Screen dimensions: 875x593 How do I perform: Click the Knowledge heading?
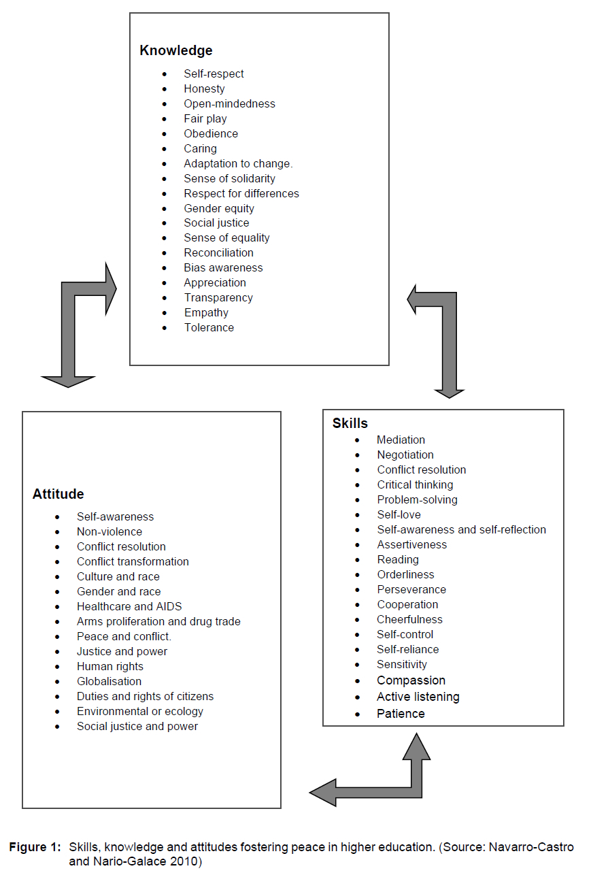pos(176,50)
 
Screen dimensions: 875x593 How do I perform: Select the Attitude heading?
pos(58,494)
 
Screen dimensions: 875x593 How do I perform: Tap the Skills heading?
pos(350,423)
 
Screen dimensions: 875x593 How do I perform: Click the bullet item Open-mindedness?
pos(229,103)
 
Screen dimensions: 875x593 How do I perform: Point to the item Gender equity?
pos(219,208)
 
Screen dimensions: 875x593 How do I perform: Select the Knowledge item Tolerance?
pos(209,327)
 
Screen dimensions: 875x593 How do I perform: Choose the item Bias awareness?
pos(223,267)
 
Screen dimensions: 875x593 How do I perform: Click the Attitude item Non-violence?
pos(109,531)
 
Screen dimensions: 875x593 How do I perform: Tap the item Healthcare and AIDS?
pos(129,606)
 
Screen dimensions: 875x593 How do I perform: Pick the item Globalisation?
pos(109,681)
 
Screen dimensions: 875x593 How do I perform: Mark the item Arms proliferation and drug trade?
pos(158,621)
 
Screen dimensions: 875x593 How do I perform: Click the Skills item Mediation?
pos(401,440)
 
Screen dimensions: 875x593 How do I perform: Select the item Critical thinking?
pos(415,484)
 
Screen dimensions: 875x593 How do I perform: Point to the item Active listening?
pos(418,697)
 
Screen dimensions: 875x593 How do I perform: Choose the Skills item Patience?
pos(401,714)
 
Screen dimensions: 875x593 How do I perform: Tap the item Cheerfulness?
pos(409,619)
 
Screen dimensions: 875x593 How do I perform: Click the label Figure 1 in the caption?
pos(35,847)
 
